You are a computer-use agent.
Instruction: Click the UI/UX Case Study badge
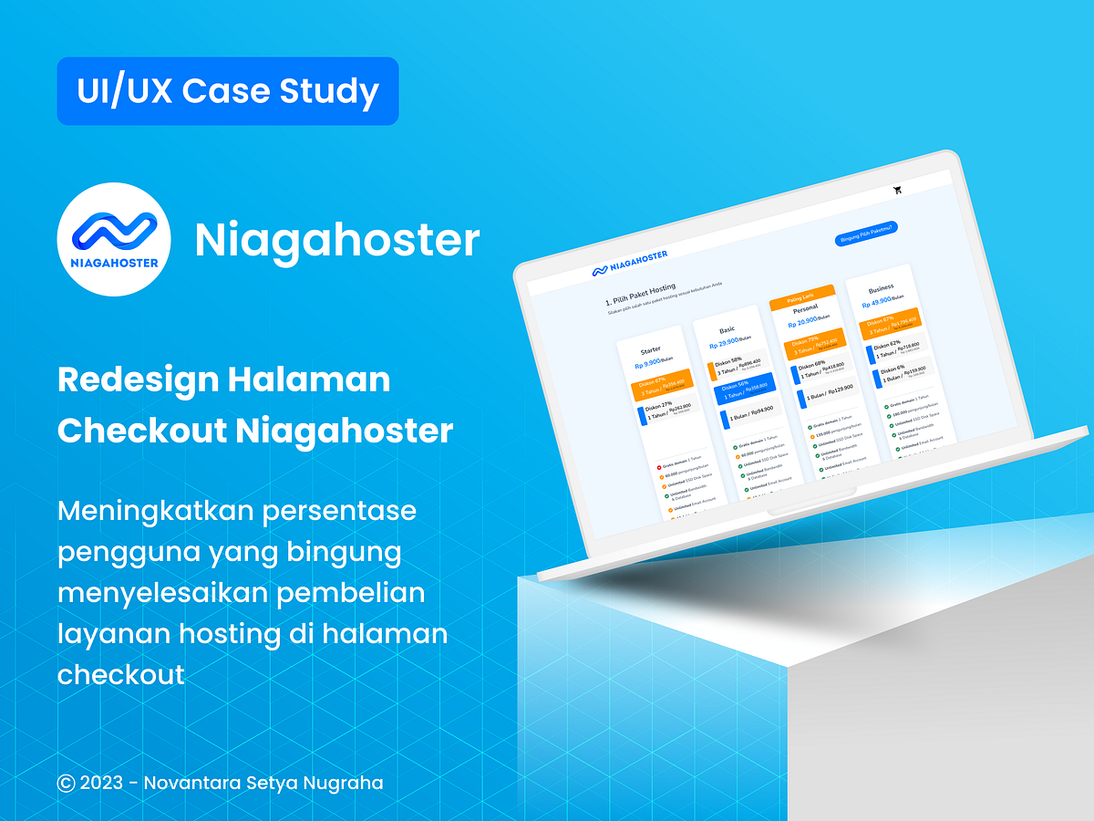(x=228, y=91)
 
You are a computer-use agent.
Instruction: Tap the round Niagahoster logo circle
(x=114, y=238)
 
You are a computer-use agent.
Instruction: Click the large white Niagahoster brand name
(x=336, y=240)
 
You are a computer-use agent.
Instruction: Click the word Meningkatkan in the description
(x=151, y=511)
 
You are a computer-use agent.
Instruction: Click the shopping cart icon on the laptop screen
(x=898, y=190)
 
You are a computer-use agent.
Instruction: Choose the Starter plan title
(x=651, y=350)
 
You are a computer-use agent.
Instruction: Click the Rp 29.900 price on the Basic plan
(x=728, y=343)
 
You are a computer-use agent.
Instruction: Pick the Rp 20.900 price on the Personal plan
(x=803, y=322)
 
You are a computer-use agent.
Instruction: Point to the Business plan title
(x=881, y=289)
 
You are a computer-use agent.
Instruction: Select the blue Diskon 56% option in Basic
(x=746, y=388)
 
